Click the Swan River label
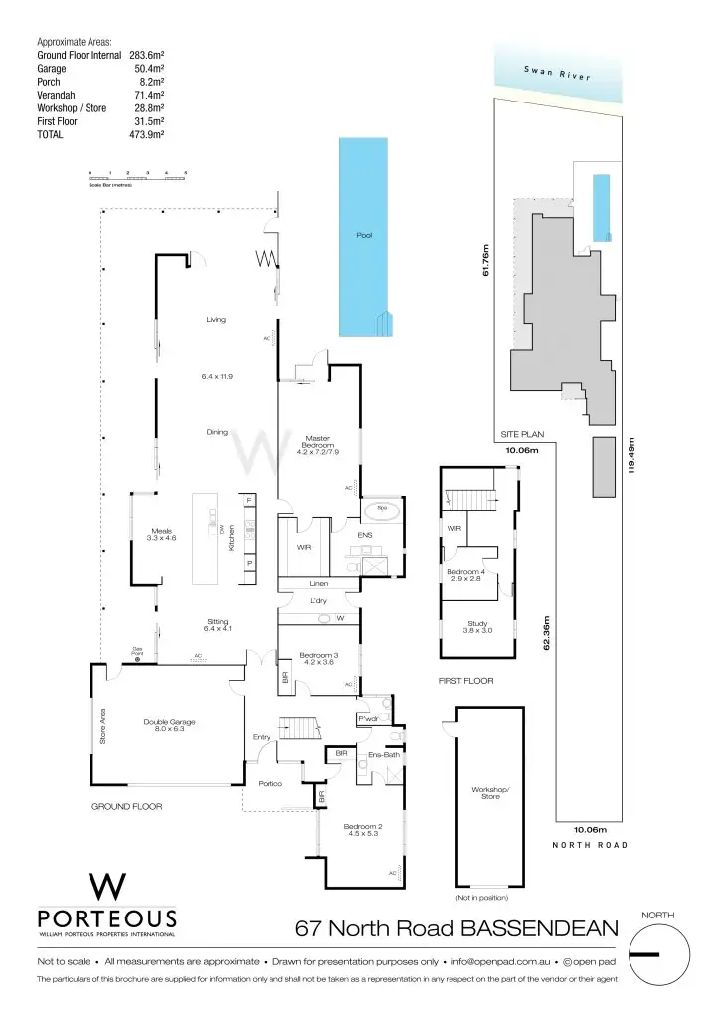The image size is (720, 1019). [x=557, y=75]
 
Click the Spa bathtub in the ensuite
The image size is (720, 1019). [x=382, y=510]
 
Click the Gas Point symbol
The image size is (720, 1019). [x=138, y=657]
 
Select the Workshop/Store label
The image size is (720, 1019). [x=491, y=793]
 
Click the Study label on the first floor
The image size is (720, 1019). [x=477, y=624]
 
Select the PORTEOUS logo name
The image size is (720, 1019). [x=106, y=917]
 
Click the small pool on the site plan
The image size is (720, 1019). [x=600, y=206]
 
